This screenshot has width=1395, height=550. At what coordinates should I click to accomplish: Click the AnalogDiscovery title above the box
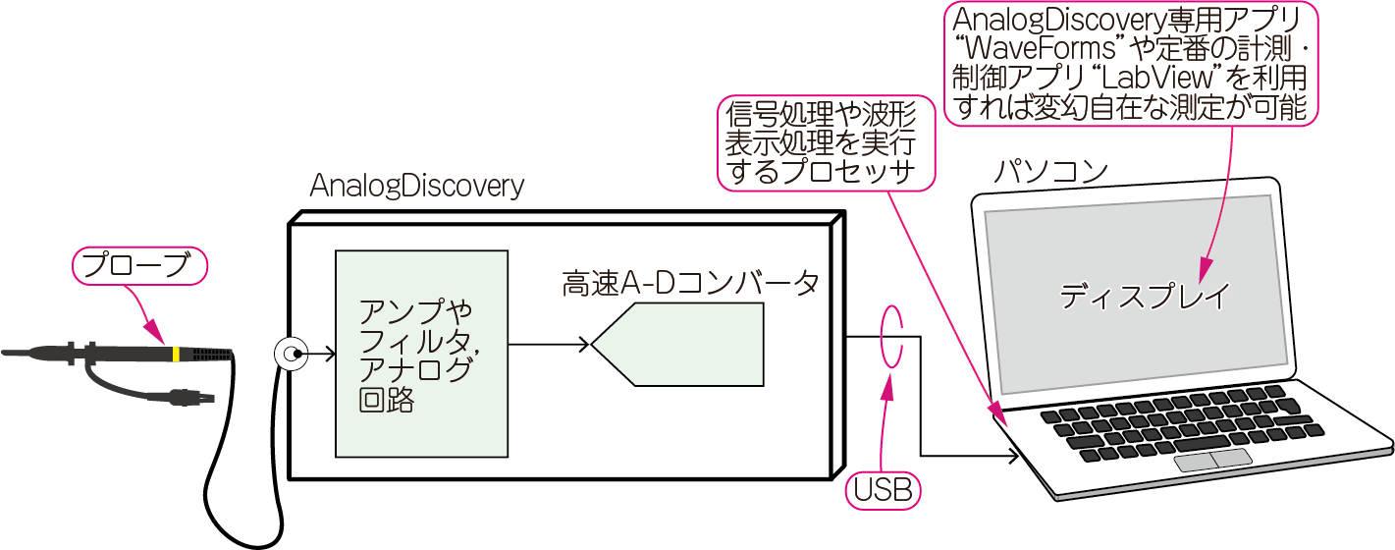point(416,187)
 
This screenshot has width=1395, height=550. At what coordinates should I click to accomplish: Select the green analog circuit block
point(421,351)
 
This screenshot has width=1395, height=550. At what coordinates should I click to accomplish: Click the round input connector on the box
point(290,354)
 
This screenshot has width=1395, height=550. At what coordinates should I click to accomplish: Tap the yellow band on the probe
point(175,354)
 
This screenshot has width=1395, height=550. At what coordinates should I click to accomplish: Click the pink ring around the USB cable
point(891,335)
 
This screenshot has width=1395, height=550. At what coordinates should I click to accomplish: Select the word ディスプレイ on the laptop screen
point(1144,297)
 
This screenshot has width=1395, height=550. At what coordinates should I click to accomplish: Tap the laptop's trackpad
point(1213,459)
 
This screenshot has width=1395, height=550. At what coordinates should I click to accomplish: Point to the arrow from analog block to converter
point(550,344)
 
